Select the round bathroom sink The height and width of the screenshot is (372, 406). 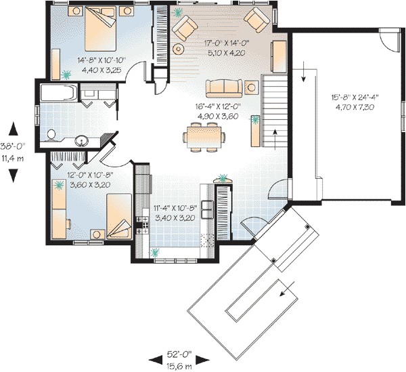[x=81, y=141]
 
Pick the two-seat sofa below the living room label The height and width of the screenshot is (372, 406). [x=224, y=87]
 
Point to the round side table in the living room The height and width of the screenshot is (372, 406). [x=179, y=49]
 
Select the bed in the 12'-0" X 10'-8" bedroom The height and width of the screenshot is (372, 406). [x=112, y=211]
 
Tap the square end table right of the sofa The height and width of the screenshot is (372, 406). [x=251, y=86]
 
